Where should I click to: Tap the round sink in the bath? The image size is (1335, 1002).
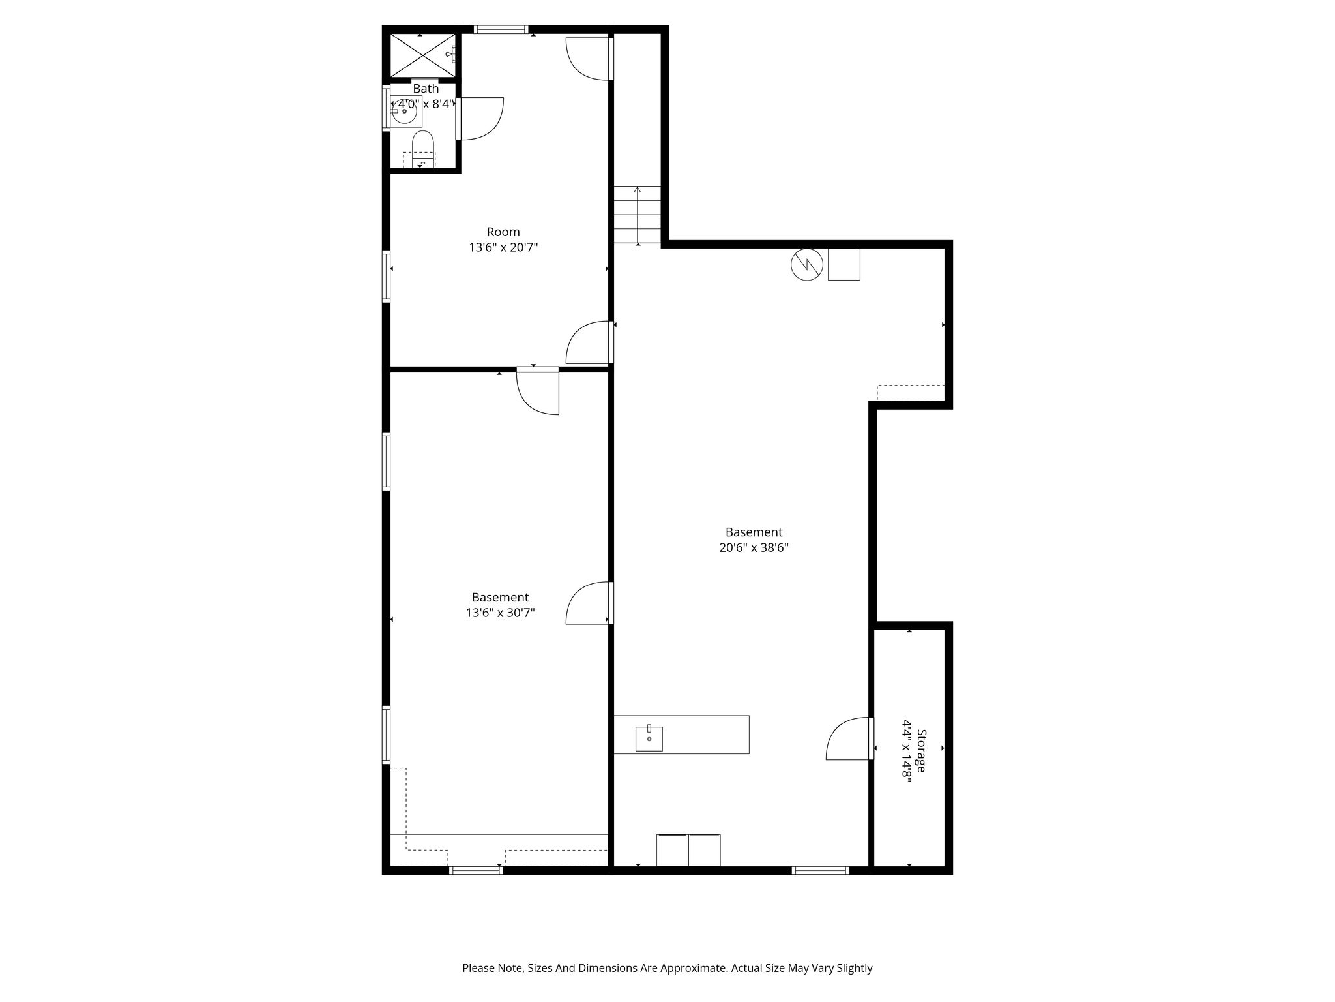(x=405, y=111)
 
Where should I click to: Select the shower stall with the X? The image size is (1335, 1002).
(x=422, y=55)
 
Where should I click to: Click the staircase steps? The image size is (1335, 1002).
(x=637, y=215)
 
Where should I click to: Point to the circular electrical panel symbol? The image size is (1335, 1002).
(x=806, y=265)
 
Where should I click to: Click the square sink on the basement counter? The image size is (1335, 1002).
(x=649, y=738)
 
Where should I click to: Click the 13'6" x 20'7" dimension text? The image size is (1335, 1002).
(x=503, y=248)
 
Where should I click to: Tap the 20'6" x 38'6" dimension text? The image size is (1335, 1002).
(x=754, y=548)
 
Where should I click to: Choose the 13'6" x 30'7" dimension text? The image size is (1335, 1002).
(x=500, y=613)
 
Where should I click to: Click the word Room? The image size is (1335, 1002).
(x=503, y=232)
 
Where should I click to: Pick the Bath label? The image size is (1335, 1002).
(x=426, y=89)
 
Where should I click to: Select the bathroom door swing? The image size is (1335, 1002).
(x=480, y=118)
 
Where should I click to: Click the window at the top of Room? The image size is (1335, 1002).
(x=501, y=29)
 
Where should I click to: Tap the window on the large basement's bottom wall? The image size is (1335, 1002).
(x=820, y=870)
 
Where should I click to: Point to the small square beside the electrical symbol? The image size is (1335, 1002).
(x=844, y=264)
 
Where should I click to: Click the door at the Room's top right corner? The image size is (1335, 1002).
(x=589, y=59)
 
